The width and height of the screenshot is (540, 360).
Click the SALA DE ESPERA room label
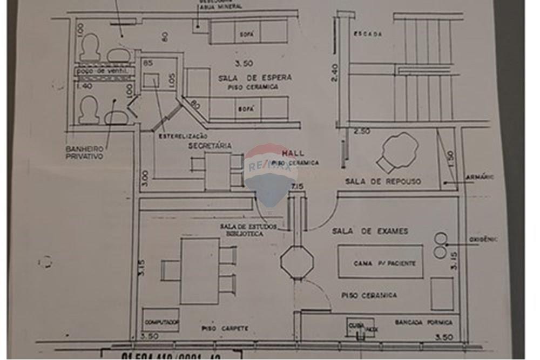255,78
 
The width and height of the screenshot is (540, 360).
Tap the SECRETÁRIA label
210,146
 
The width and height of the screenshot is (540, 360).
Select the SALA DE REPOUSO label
383,181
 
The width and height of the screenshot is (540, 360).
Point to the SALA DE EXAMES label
370,231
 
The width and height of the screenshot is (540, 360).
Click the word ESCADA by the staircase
368,34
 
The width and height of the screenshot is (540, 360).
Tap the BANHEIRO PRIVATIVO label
84,152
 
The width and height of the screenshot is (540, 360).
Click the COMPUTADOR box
161,321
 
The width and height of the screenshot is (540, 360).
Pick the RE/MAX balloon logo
271,173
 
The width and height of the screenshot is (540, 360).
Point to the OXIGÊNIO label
483,239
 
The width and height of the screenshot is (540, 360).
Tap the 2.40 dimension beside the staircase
334,72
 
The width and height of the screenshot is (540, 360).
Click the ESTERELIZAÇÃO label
183,137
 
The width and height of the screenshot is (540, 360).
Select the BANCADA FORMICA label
423,322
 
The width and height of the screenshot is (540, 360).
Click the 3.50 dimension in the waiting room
244,63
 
